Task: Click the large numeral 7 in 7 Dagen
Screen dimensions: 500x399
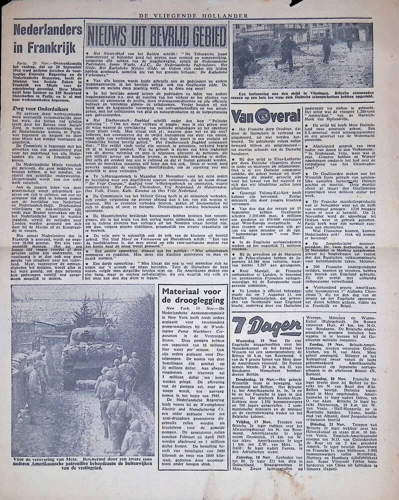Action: coord(241,326)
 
